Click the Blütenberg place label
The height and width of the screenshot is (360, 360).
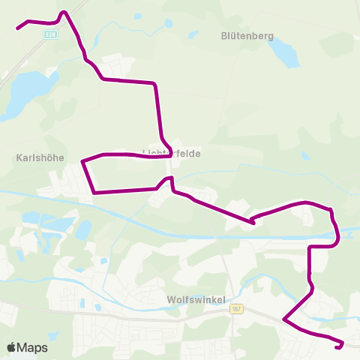click(x=247, y=36)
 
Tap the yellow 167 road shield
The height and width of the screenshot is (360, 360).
click(x=237, y=309)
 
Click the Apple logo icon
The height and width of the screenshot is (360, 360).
click(x=12, y=347)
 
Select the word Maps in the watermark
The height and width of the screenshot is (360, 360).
click(x=34, y=347)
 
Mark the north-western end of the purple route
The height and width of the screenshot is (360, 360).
click(x=18, y=28)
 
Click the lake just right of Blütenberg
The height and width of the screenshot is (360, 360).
click(x=283, y=52)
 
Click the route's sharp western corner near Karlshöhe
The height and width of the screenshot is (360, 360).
click(x=82, y=160)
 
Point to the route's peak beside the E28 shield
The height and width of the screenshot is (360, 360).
click(x=64, y=11)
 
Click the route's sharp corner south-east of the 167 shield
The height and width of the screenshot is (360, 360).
click(x=283, y=320)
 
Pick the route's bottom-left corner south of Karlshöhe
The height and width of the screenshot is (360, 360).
click(x=94, y=193)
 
